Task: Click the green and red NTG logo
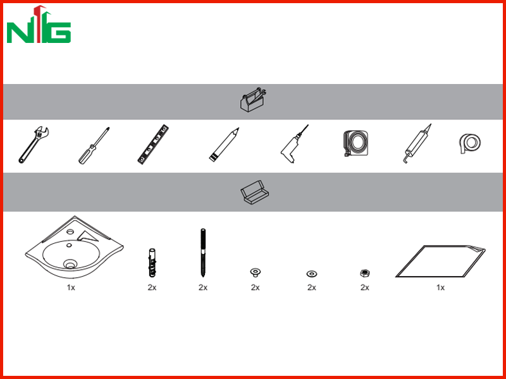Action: click(39, 25)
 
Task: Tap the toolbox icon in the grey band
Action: click(253, 100)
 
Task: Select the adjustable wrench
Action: click(34, 145)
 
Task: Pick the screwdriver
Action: click(94, 145)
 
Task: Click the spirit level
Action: click(153, 145)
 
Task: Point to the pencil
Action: click(224, 145)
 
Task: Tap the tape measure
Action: click(355, 143)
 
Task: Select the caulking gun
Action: click(417, 144)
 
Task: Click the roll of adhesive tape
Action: click(470, 143)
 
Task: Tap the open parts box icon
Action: click(255, 193)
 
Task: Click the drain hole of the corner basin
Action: click(70, 265)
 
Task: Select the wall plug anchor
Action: click(152, 262)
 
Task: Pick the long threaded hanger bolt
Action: click(203, 253)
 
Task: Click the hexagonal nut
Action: click(365, 274)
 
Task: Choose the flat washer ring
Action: click(311, 274)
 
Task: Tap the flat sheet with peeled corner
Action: click(441, 261)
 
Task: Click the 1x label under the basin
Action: click(71, 287)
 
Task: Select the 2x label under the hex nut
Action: click(365, 287)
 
